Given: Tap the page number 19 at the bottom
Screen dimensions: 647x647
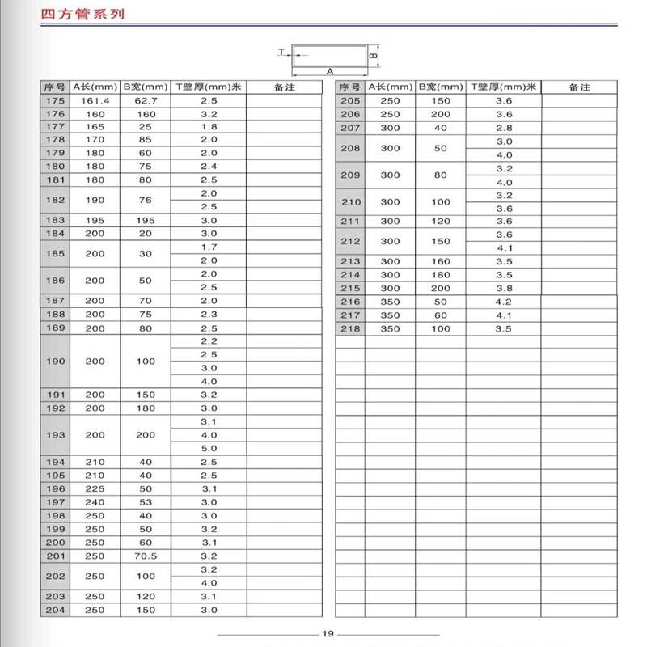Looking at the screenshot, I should point(328,634).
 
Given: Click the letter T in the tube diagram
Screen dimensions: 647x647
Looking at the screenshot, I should point(281,52).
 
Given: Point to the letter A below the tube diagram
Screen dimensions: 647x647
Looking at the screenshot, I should point(330,71).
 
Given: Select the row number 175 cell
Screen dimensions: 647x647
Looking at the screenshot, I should point(54,100).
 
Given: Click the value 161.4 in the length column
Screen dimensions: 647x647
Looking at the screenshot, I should point(95,100).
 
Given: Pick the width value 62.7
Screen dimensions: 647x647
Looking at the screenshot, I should point(145,100).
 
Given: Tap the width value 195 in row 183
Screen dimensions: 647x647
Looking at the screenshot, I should point(145,220).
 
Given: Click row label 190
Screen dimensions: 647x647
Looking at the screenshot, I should point(54,362).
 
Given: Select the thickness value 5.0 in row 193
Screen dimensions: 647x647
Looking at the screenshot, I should point(209,448).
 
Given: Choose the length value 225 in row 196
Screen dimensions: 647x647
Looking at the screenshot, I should point(95,488).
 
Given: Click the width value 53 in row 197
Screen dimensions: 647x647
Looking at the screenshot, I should point(145,502).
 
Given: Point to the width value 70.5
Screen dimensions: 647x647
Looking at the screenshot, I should point(145,556).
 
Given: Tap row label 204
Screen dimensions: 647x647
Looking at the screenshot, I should point(54,609).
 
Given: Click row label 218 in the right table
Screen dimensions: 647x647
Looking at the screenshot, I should point(350,329).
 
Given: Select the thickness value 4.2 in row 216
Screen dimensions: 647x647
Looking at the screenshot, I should point(504,302).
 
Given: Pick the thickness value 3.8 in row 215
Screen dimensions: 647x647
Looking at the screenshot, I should point(504,288).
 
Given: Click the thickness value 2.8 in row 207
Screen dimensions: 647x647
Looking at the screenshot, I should point(504,128).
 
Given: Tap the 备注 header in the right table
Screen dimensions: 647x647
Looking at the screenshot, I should point(581,87).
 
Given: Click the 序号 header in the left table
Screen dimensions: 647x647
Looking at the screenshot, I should point(54,87).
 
